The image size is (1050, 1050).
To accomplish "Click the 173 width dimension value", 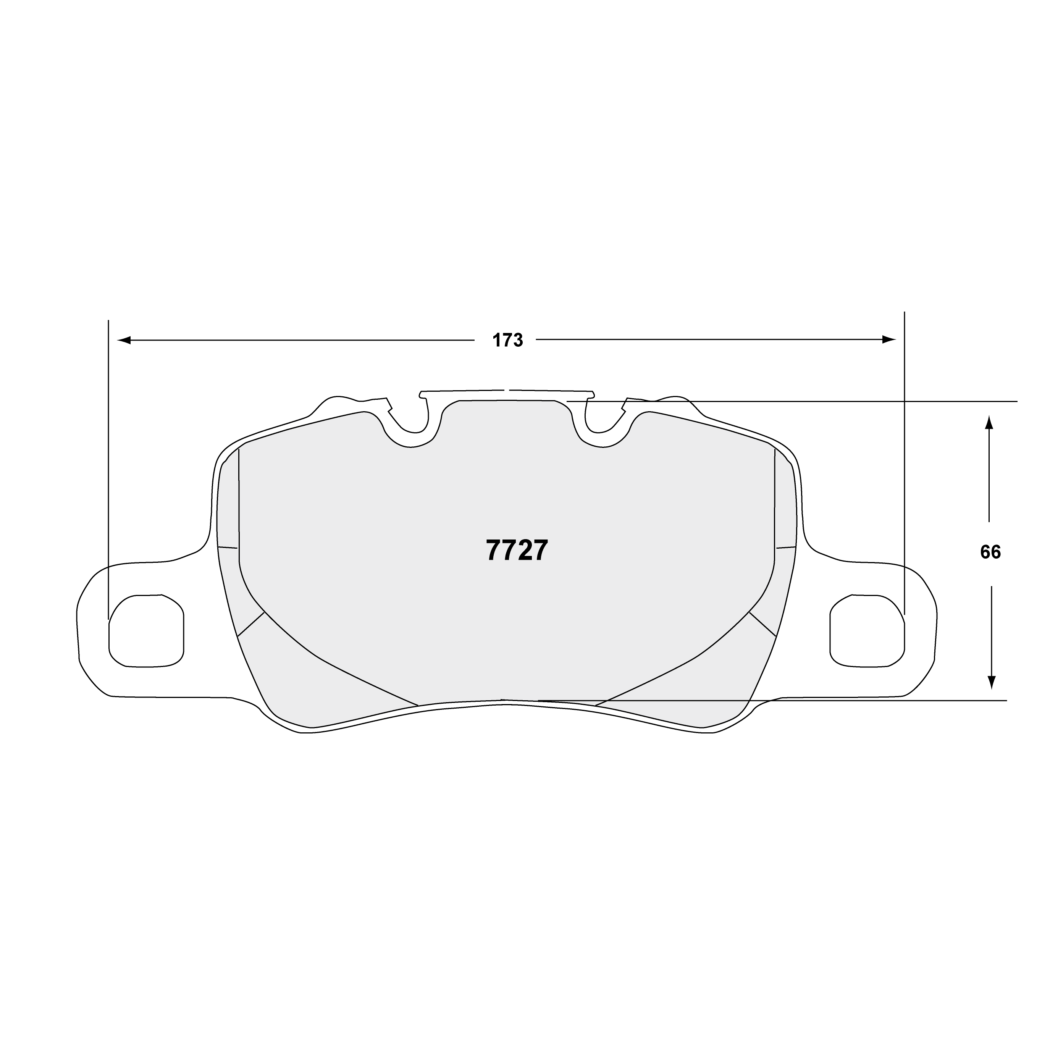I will point(507,341).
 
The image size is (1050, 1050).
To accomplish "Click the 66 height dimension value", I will point(990,552).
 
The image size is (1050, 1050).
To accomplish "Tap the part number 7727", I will point(517,551).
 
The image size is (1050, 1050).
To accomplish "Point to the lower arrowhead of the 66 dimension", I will point(991,682).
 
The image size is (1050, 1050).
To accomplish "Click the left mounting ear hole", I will point(146,630).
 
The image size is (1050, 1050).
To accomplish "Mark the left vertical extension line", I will point(109,462).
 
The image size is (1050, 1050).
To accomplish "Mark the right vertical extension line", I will point(905,462).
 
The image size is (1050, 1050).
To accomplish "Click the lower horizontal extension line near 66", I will point(869,701).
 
